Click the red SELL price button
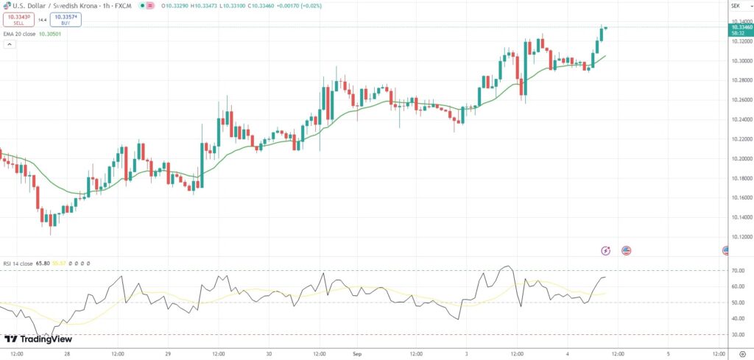18,20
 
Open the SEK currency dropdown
734,5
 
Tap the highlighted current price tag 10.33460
739,27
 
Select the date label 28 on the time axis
66,353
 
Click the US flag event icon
627,250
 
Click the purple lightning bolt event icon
606,250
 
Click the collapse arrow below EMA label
10,44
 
